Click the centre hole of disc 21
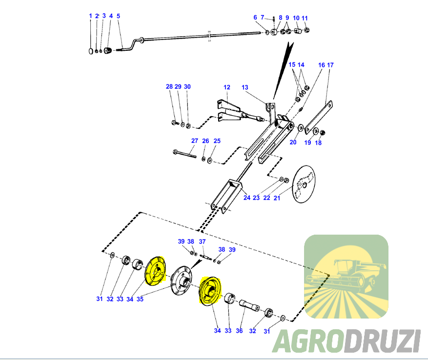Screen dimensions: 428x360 305,185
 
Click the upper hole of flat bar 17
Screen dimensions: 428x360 330,105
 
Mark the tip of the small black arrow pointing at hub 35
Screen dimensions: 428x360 191,268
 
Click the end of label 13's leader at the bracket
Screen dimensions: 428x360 267,104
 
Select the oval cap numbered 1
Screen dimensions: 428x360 91,51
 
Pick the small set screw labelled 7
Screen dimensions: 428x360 273,19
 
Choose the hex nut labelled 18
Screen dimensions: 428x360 323,133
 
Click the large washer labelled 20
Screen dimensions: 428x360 300,127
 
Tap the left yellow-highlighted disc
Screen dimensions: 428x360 155,271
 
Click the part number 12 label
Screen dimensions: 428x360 227,87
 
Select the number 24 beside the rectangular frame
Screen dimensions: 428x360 247,198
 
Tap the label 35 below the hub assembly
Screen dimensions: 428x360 140,299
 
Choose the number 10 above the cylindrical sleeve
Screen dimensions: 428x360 296,18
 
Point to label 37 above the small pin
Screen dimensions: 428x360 202,241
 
